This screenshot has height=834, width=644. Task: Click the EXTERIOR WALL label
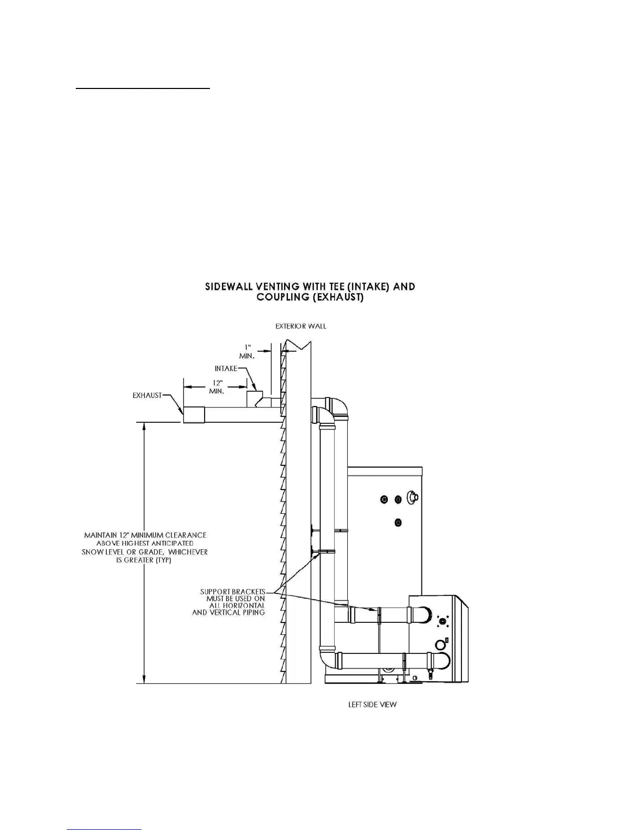(x=301, y=326)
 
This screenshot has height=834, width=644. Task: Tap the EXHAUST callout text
(x=147, y=395)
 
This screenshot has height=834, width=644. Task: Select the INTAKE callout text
(x=226, y=369)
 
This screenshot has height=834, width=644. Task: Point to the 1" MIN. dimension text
(x=247, y=352)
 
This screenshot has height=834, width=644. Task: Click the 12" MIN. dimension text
(x=216, y=387)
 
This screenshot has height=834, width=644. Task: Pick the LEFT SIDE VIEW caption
(x=373, y=704)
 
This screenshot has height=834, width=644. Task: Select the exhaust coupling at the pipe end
(x=194, y=414)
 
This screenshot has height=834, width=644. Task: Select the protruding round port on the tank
(x=414, y=497)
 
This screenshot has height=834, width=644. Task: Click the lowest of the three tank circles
(x=398, y=522)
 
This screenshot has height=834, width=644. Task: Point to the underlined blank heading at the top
(x=143, y=89)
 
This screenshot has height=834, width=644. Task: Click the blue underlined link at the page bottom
(x=105, y=829)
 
